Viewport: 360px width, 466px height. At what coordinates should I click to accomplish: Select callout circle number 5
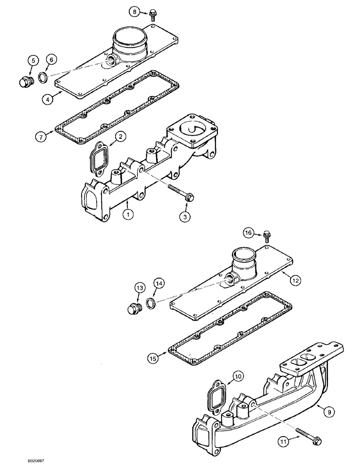click(32, 60)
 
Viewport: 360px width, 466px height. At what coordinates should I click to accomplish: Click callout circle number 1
click(126, 214)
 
